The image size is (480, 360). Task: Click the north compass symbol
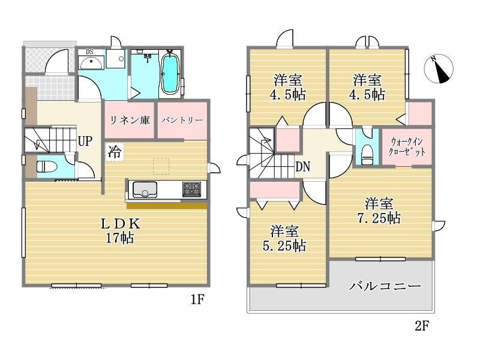(x=439, y=69)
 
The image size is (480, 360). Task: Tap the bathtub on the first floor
(x=170, y=73)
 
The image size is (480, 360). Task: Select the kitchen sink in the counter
(x=145, y=190)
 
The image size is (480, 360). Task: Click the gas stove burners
(x=191, y=189)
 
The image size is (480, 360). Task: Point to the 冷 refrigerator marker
(x=115, y=152)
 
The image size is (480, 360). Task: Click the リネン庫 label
(x=130, y=120)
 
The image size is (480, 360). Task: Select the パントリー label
(x=182, y=120)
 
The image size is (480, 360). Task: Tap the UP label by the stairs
(x=85, y=141)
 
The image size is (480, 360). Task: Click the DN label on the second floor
(x=303, y=167)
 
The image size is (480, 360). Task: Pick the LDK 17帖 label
(x=121, y=230)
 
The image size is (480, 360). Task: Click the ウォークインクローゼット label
(x=407, y=147)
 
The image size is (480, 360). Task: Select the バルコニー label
(x=385, y=286)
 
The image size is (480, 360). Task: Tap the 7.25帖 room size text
(x=379, y=218)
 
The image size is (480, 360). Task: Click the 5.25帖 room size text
(x=284, y=246)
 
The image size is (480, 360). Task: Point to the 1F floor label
(x=197, y=299)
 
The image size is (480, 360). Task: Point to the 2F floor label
(x=422, y=326)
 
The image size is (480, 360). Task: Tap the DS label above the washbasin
(x=89, y=52)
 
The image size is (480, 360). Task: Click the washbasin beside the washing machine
(x=91, y=63)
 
